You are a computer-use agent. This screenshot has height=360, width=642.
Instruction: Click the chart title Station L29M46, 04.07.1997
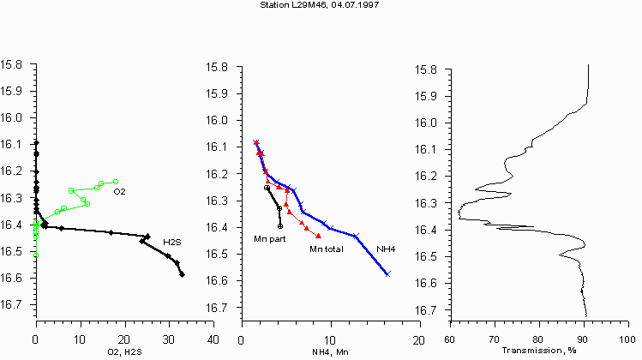pyautogui.click(x=320, y=5)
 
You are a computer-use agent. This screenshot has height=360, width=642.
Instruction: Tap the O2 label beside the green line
pyautogui.click(x=119, y=191)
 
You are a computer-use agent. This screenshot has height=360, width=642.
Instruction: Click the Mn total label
pyautogui.click(x=326, y=249)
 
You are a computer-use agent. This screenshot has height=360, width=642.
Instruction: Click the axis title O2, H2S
pyautogui.click(x=123, y=351)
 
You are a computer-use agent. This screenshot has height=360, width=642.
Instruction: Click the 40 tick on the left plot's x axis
pyautogui.click(x=212, y=339)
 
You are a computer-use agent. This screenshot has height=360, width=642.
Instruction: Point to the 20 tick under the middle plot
pyautogui.click(x=417, y=340)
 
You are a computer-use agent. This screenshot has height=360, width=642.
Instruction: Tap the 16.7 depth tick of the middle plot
pyautogui.click(x=220, y=308)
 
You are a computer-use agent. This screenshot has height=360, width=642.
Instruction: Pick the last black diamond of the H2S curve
pyautogui.click(x=182, y=274)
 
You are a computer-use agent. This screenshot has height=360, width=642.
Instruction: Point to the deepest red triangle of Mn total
pyautogui.click(x=319, y=236)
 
